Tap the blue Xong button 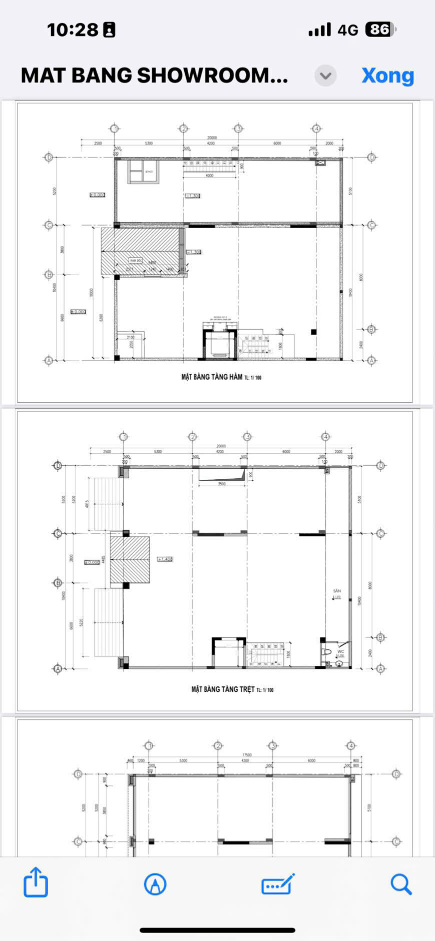(387, 76)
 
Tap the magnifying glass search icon (400, 884)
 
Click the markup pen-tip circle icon (155, 884)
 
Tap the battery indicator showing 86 (380, 30)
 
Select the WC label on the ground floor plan (340, 651)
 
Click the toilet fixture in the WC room (326, 652)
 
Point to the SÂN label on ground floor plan (337, 591)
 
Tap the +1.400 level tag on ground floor (165, 559)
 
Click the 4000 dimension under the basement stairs (209, 176)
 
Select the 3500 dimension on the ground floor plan (222, 484)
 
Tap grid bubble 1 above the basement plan (115, 129)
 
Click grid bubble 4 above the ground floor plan (326, 437)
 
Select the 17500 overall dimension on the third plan (247, 755)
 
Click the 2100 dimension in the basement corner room (131, 337)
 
